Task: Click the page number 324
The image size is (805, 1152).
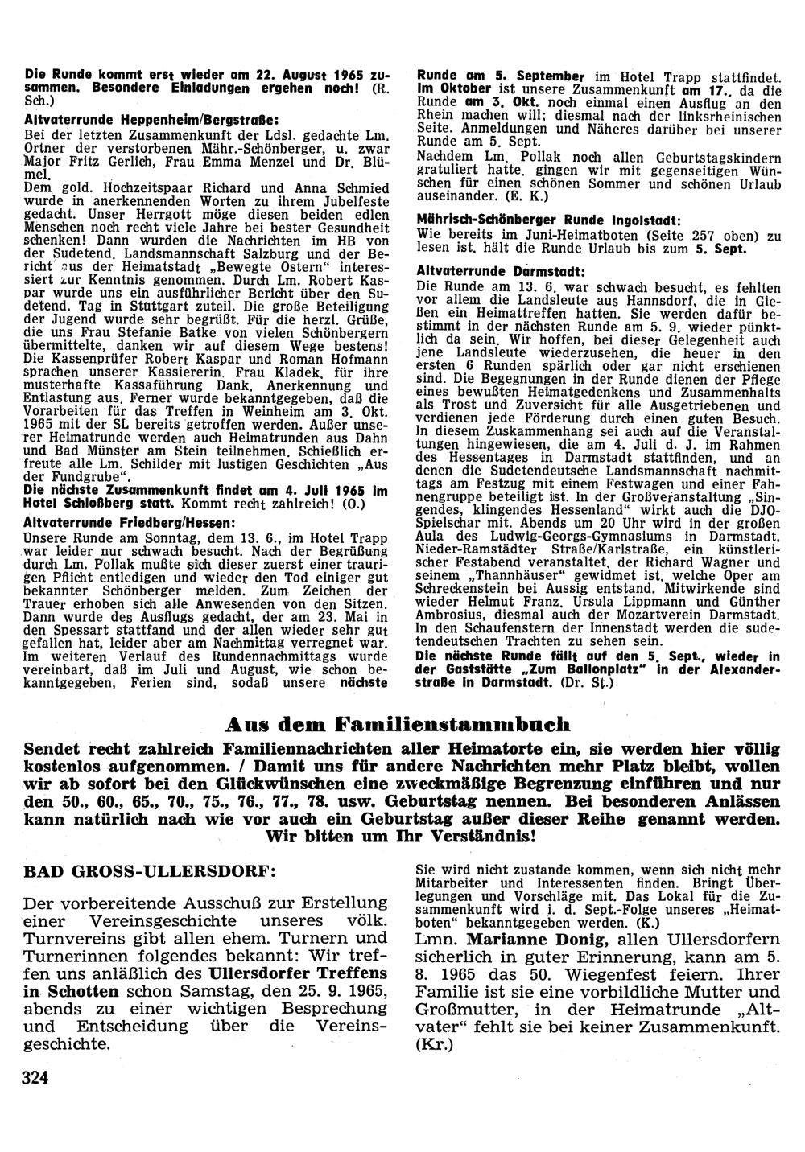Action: tap(37, 1078)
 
